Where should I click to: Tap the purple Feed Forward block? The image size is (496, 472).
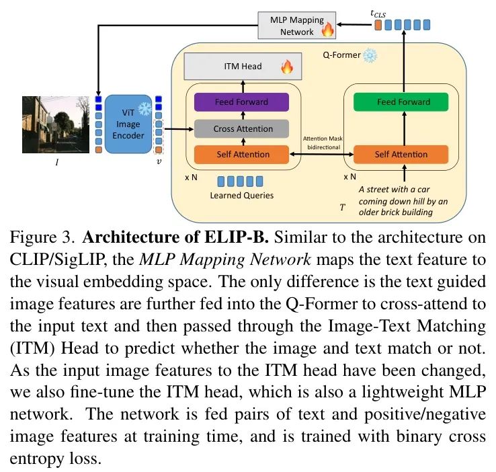point(241,102)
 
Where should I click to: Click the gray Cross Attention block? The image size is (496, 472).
point(241,128)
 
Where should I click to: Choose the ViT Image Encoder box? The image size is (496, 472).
point(128,124)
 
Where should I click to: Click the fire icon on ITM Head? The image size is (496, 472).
point(286,67)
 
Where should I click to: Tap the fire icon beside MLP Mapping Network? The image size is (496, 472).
point(328,30)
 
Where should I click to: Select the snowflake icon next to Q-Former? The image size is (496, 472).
point(370,55)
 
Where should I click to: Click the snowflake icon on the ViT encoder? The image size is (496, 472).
point(144,109)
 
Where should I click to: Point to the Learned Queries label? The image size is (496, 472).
point(242,195)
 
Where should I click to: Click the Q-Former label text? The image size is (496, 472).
point(341,55)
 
